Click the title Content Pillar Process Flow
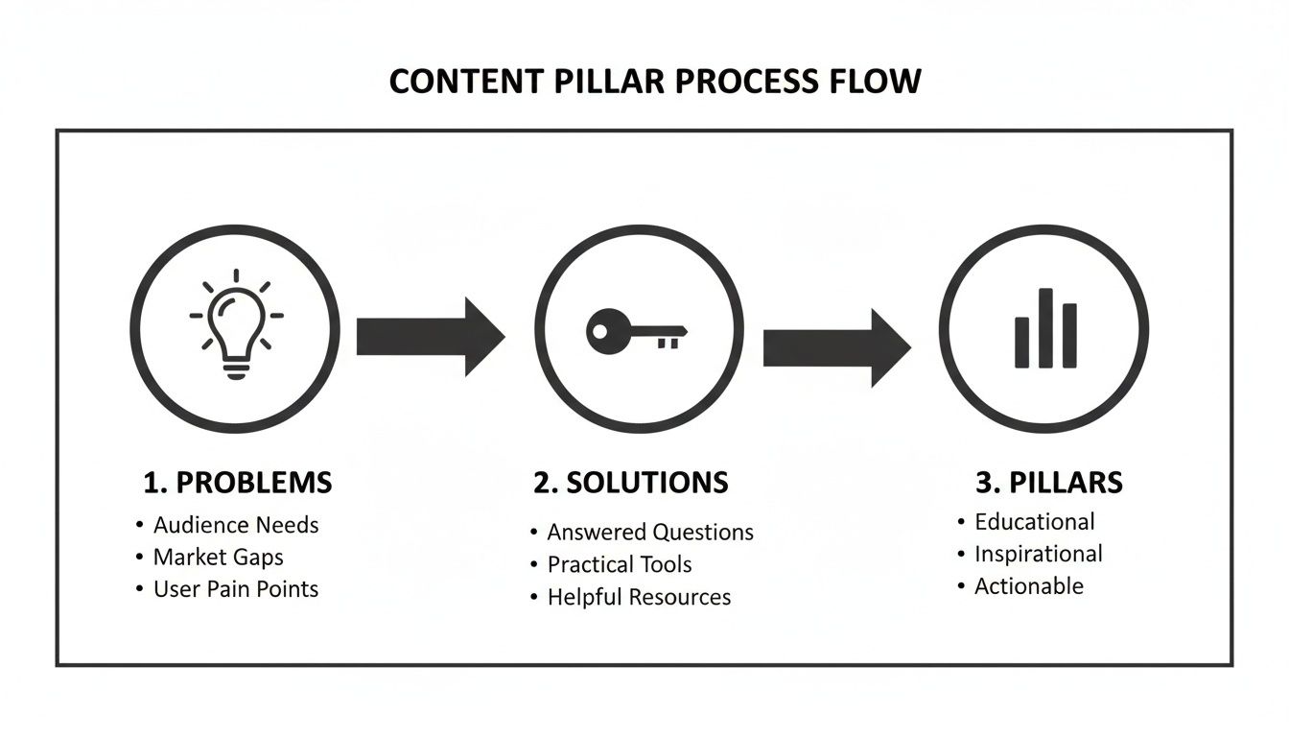(x=654, y=82)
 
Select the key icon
(x=636, y=332)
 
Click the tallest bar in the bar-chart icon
(x=1045, y=328)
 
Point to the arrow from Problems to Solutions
(x=430, y=336)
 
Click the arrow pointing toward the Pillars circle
(x=835, y=347)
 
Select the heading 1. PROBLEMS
(x=237, y=483)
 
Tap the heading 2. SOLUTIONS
(x=630, y=483)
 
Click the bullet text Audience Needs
(x=236, y=525)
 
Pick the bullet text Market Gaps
(x=218, y=558)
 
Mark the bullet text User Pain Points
(x=236, y=589)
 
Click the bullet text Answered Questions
(x=650, y=533)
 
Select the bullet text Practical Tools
(x=619, y=565)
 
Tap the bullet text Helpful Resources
(x=639, y=597)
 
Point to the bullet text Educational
(x=1034, y=522)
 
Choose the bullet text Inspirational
(x=1038, y=554)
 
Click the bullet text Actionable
(x=1028, y=586)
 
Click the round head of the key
(x=606, y=332)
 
